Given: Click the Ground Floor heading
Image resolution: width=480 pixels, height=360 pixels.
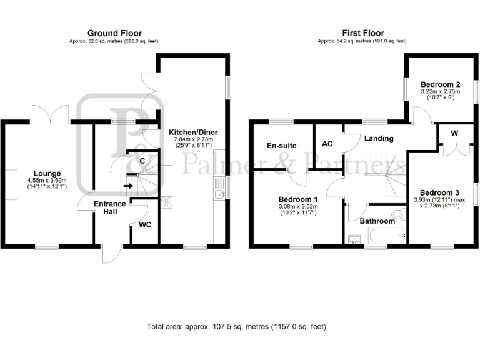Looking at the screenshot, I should click(x=114, y=33).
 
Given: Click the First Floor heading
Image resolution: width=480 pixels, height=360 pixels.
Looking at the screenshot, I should click(x=362, y=33).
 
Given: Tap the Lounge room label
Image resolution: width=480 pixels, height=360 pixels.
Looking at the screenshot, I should click(x=47, y=173).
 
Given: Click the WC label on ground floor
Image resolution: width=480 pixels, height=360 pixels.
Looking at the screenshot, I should click(x=145, y=224).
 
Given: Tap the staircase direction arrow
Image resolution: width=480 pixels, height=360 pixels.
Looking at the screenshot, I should click(x=128, y=185).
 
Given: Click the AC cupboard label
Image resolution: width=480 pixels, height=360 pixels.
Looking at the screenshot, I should click(x=327, y=144).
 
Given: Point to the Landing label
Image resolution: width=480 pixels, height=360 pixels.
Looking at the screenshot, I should click(x=379, y=138).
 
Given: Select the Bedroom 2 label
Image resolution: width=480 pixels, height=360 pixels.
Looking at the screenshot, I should click(x=440, y=84).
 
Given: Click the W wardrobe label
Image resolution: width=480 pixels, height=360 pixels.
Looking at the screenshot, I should click(x=453, y=132).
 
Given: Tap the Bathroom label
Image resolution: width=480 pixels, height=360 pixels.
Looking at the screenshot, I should click(x=377, y=221).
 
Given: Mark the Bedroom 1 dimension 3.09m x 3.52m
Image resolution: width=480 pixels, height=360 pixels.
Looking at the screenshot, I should click(x=298, y=207).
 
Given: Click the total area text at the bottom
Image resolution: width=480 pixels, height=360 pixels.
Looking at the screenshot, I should click(x=236, y=326).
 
